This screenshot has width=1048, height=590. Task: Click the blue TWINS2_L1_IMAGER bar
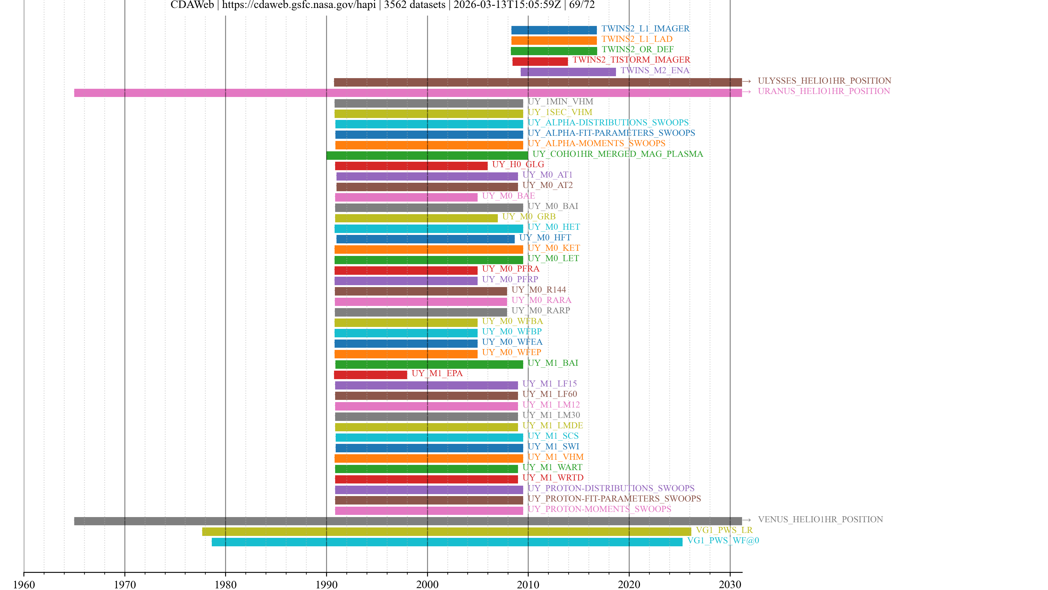tap(554, 30)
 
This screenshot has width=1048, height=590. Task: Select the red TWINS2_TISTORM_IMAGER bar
tap(540, 61)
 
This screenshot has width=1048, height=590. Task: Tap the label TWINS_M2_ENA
tap(655, 70)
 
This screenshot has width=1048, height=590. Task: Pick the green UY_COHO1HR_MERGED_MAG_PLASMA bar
tap(427, 155)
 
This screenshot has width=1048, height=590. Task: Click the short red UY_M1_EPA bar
tap(370, 374)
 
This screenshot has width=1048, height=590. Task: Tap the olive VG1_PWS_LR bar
tap(446, 531)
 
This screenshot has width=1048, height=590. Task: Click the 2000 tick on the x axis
tap(427, 573)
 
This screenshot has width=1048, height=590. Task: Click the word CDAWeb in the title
tap(192, 5)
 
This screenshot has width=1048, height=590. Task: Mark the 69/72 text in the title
tap(582, 5)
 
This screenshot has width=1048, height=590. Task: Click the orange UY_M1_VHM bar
tap(428, 458)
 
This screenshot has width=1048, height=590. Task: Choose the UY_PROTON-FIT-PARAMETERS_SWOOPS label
tap(614, 498)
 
